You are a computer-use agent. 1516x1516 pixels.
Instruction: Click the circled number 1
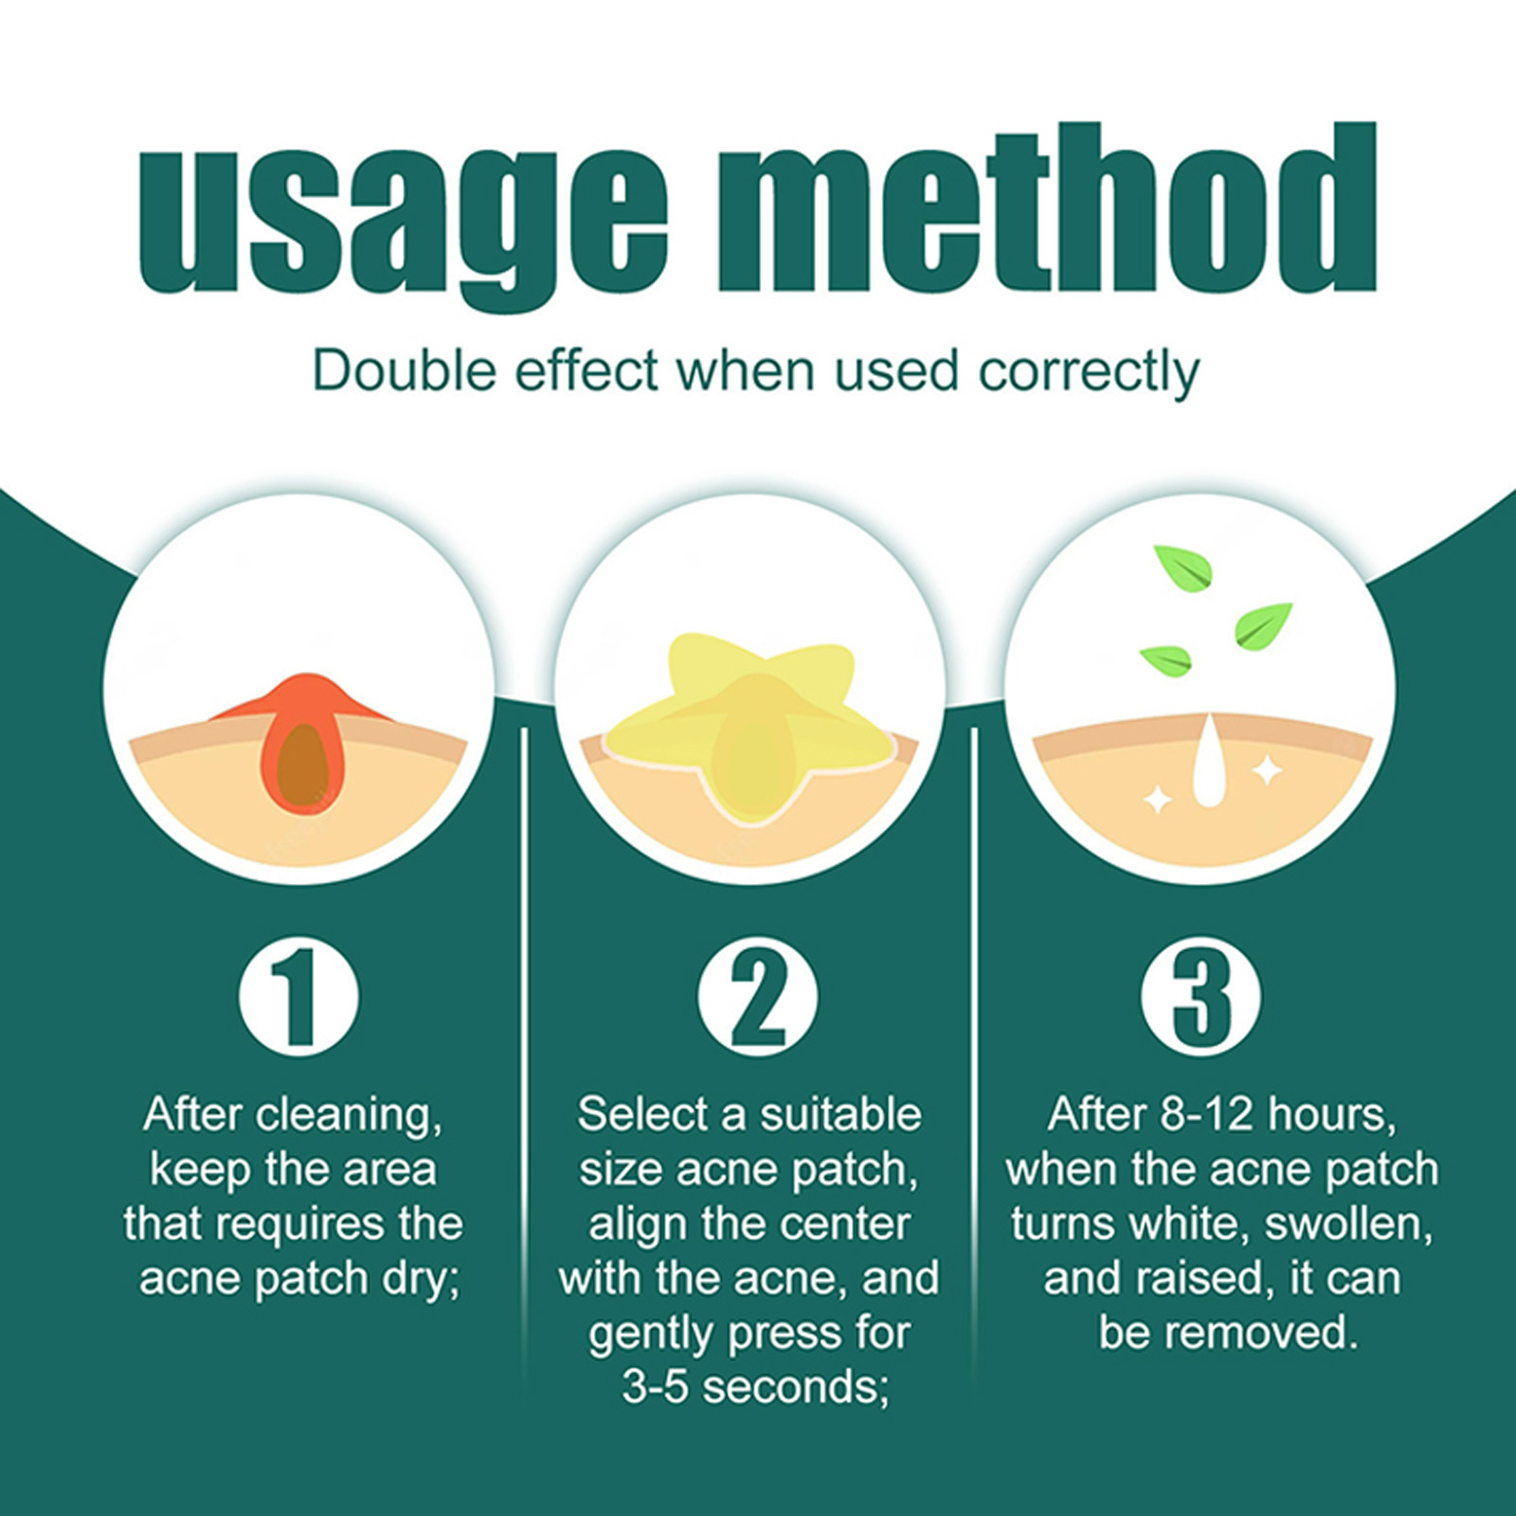pos(299,997)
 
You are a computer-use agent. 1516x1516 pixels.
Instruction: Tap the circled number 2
pos(757,997)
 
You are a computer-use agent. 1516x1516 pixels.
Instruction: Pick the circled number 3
pos(1201,997)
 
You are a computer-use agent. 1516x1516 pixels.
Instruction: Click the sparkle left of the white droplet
pos(1157,802)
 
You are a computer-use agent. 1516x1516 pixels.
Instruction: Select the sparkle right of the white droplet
pos(1266,771)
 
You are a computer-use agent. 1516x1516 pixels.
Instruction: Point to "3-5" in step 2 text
pos(655,1387)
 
